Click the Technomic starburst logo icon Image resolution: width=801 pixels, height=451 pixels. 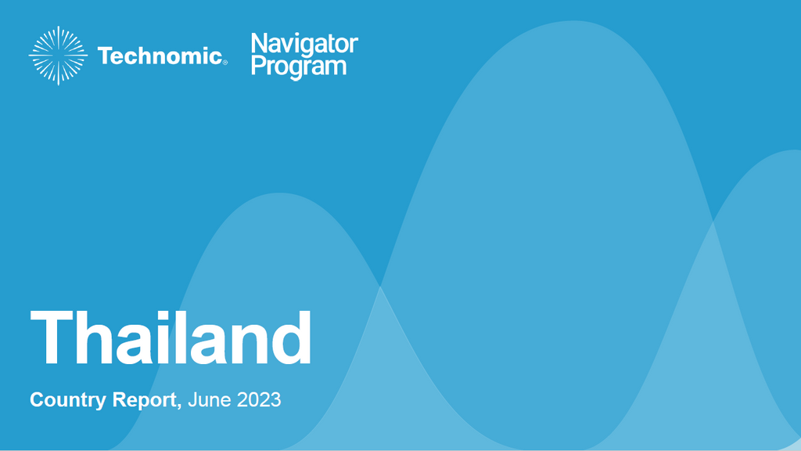58,56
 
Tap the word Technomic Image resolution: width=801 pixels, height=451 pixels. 160,56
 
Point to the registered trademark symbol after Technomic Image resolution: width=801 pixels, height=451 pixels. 225,63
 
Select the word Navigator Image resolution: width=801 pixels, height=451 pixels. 304,44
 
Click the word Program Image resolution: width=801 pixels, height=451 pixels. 299,67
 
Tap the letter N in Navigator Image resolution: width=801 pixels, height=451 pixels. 258,43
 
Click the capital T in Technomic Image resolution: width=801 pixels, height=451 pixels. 106,56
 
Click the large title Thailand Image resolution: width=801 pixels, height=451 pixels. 171,338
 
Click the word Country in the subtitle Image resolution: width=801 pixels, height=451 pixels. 68,400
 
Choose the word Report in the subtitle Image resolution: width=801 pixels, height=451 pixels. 144,400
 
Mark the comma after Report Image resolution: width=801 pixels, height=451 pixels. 179,406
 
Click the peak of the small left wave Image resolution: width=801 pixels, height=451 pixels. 279,193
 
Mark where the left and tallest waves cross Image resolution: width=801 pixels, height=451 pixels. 380,287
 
